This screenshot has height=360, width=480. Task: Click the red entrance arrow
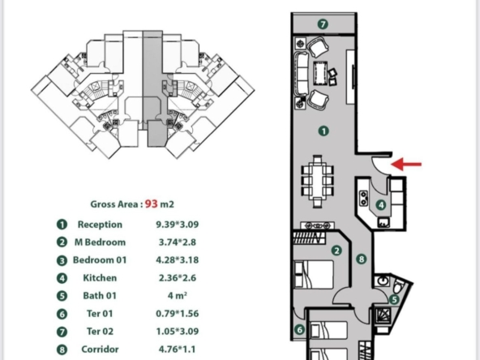[406, 165]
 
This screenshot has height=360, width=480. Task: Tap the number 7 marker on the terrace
[323, 24]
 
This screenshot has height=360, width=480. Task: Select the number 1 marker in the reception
[324, 131]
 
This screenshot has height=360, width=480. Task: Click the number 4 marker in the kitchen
[381, 205]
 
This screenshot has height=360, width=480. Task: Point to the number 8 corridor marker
[362, 259]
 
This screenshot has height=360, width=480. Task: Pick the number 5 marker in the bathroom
[394, 300]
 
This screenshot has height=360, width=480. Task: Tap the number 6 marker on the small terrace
[299, 329]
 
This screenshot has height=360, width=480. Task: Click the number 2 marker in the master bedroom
[336, 251]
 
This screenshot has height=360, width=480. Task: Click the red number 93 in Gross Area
[152, 204]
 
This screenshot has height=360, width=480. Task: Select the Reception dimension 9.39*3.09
[178, 225]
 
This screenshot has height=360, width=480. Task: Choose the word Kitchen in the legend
[100, 278]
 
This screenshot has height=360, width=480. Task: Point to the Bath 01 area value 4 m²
[178, 296]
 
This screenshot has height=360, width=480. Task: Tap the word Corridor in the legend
[100, 349]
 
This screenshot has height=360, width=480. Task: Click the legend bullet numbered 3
[62, 260]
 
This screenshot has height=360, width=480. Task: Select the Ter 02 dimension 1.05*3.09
[178, 332]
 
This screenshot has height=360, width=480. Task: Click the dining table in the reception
[318, 182]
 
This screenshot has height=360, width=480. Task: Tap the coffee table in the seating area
[320, 74]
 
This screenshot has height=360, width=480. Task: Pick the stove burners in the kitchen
[363, 198]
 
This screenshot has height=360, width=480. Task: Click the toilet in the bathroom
[398, 287]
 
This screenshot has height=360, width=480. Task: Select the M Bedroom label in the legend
[100, 242]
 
